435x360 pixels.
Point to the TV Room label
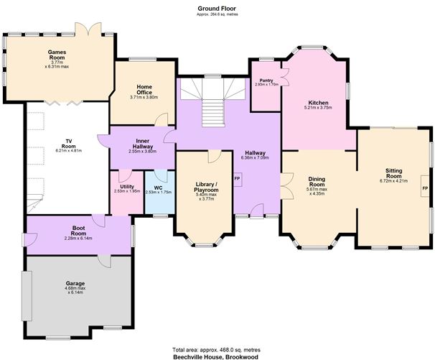[x=69, y=142]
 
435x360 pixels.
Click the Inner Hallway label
[x=141, y=142]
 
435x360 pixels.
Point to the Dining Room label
[x=317, y=181]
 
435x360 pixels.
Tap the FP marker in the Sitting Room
[x=425, y=188]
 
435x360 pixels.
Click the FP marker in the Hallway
[x=236, y=178]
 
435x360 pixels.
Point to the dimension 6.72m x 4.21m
[x=393, y=181]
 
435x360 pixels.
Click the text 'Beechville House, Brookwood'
[x=217, y=356]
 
